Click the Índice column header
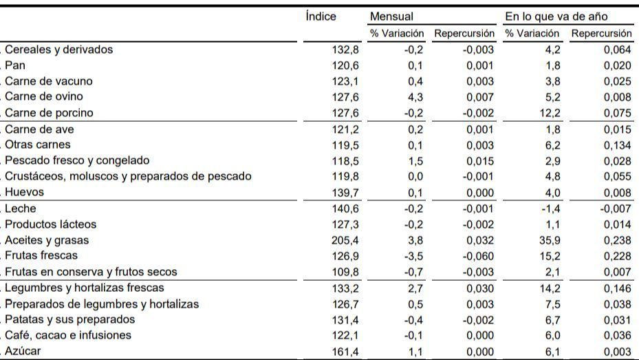(x=321, y=17)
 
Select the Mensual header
(x=391, y=17)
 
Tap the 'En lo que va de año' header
(x=556, y=17)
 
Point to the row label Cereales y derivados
(x=58, y=50)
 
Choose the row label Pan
(x=15, y=65)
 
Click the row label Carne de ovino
(x=48, y=97)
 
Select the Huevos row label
(x=23, y=192)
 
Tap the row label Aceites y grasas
(x=46, y=240)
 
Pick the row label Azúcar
(x=22, y=352)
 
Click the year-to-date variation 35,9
(x=552, y=240)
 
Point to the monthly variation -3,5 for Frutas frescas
(x=414, y=256)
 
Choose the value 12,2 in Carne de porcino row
(x=552, y=113)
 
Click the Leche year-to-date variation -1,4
(x=552, y=209)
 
